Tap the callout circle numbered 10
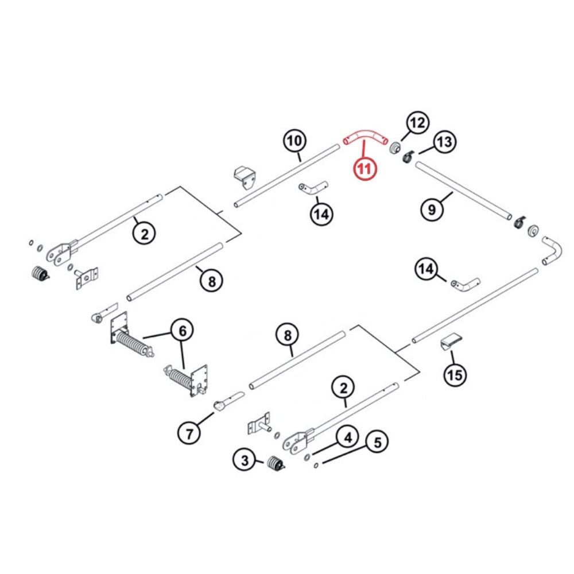(294, 141)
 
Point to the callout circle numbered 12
(417, 122)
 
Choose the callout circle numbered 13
(444, 142)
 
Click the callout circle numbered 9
(432, 210)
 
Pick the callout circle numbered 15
(455, 375)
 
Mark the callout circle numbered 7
(189, 433)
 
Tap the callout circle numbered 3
(245, 459)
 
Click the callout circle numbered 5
(377, 443)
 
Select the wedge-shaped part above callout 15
(450, 341)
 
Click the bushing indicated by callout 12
(395, 149)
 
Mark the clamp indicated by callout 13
(408, 156)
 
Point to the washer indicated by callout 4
(307, 457)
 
